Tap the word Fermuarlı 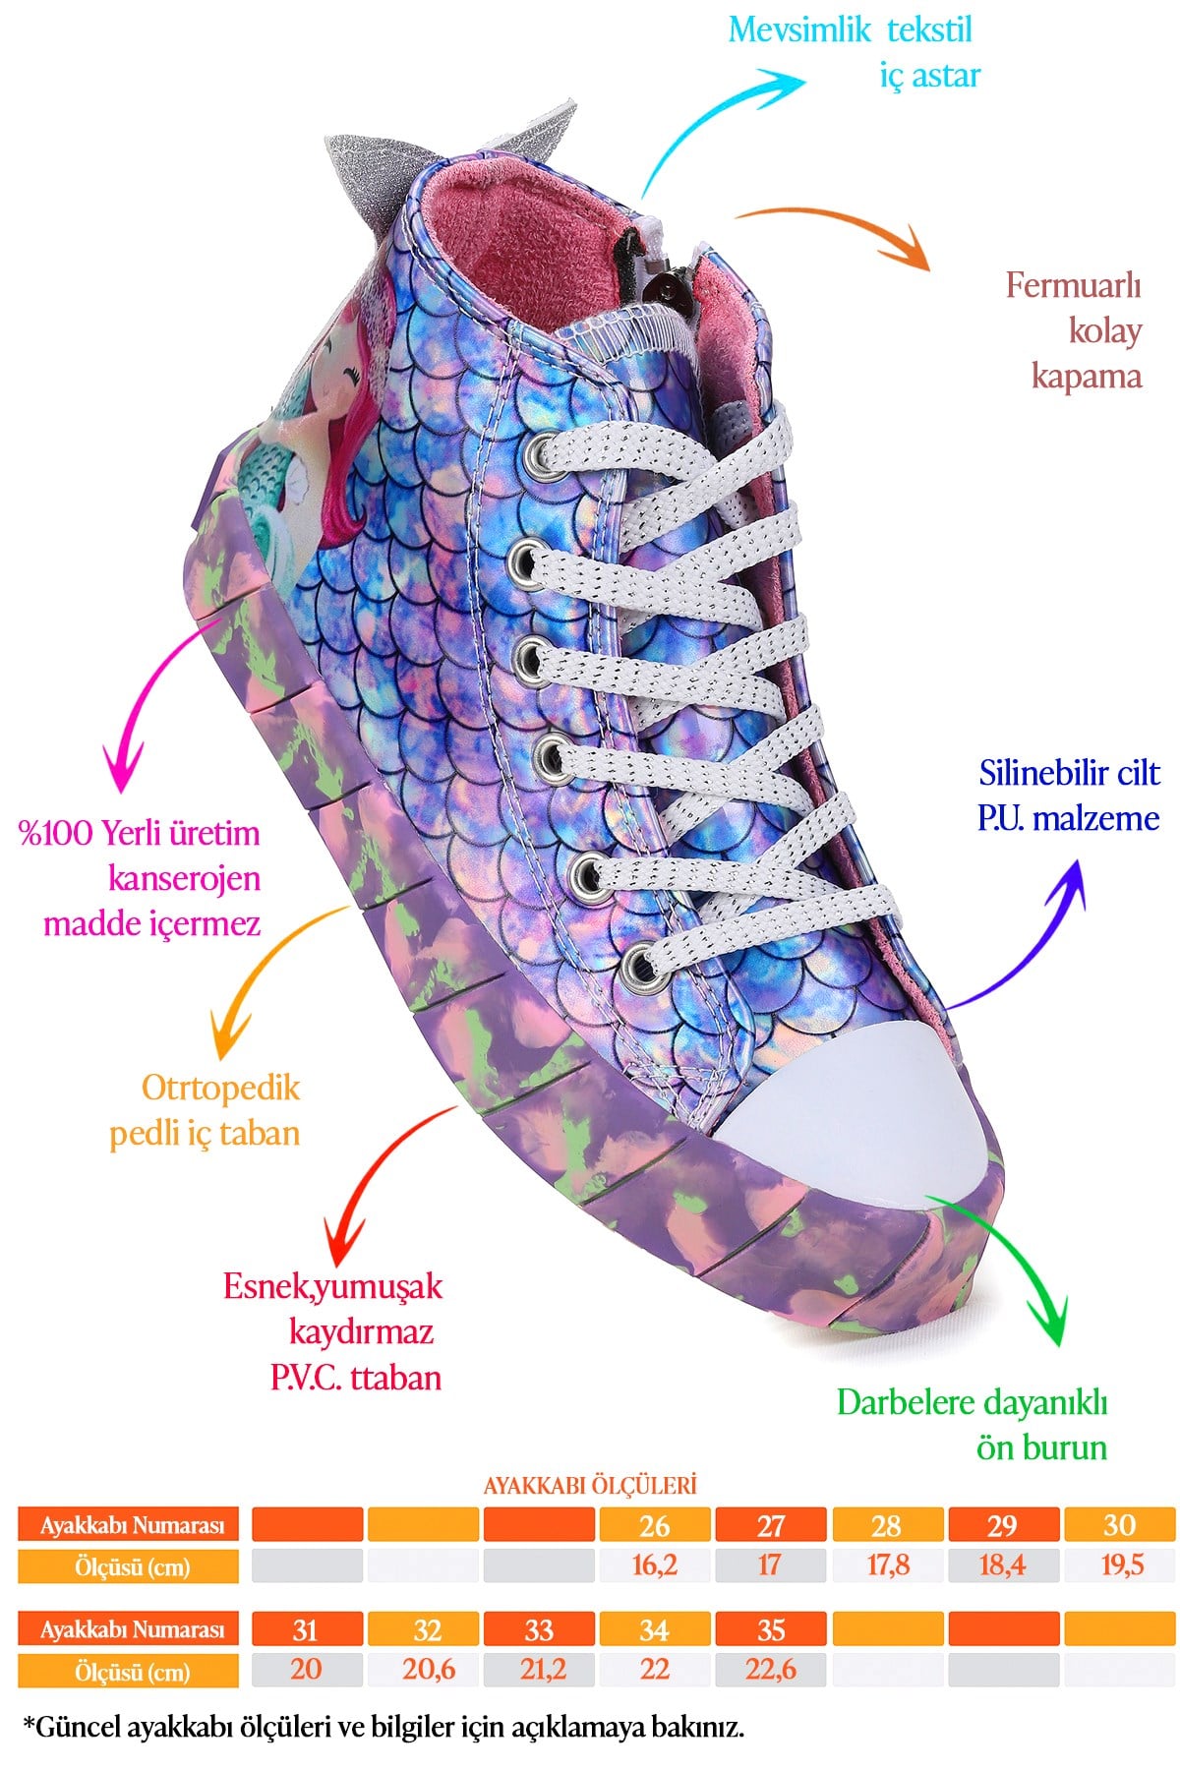(x=1073, y=285)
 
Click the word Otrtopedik (x=220, y=1088)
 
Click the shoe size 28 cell (x=887, y=1525)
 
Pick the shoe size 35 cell (x=771, y=1629)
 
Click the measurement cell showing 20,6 (x=424, y=1671)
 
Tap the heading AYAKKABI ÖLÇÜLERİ (x=589, y=1485)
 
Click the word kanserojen (x=184, y=878)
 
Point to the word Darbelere (x=903, y=1402)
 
